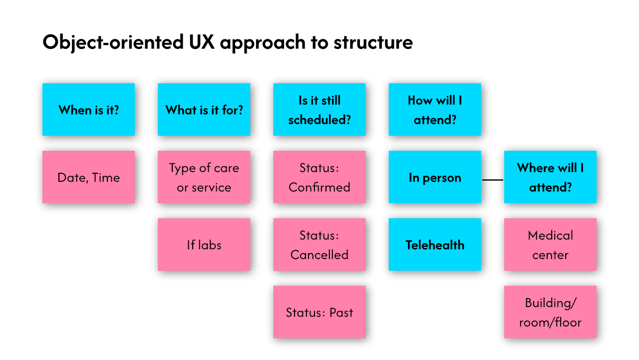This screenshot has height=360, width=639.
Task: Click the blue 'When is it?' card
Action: click(88, 110)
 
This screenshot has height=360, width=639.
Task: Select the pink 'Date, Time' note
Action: click(88, 177)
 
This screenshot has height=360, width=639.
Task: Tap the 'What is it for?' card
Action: click(204, 110)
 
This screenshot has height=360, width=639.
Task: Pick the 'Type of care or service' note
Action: click(204, 177)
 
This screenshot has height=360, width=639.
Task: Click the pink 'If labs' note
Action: click(204, 245)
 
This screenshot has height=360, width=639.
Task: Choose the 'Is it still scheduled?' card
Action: click(319, 110)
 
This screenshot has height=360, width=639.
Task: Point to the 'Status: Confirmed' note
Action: click(319, 177)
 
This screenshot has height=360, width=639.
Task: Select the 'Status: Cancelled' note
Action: click(319, 245)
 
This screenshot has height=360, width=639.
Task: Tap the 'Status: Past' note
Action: click(319, 312)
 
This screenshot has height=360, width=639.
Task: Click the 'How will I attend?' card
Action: click(435, 110)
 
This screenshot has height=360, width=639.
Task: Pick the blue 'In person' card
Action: click(435, 177)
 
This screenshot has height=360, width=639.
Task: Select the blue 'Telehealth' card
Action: click(435, 245)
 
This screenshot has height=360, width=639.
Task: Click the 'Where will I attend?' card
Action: click(550, 177)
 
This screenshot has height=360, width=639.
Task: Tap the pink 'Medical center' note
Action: click(550, 245)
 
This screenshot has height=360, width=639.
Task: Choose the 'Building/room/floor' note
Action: click(550, 312)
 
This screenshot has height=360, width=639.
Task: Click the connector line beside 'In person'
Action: click(493, 179)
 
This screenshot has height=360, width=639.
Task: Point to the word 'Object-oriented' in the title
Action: click(113, 42)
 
